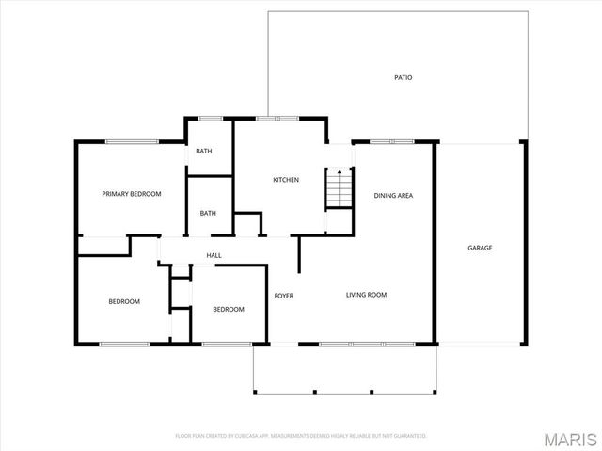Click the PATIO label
click(403, 78)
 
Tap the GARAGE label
click(480, 248)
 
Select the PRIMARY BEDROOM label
click(132, 194)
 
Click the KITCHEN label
click(286, 180)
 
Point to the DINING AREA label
click(393, 196)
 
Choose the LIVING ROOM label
click(366, 295)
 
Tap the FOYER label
click(284, 296)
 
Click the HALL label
click(214, 255)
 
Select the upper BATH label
click(204, 152)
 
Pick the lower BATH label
click(208, 213)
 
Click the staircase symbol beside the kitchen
click(339, 188)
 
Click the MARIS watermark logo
click(571, 438)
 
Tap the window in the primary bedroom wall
click(131, 142)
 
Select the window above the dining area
click(392, 142)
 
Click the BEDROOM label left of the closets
click(124, 301)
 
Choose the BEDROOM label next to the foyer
click(228, 309)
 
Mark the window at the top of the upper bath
click(210, 118)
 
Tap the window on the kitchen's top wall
click(277, 118)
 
